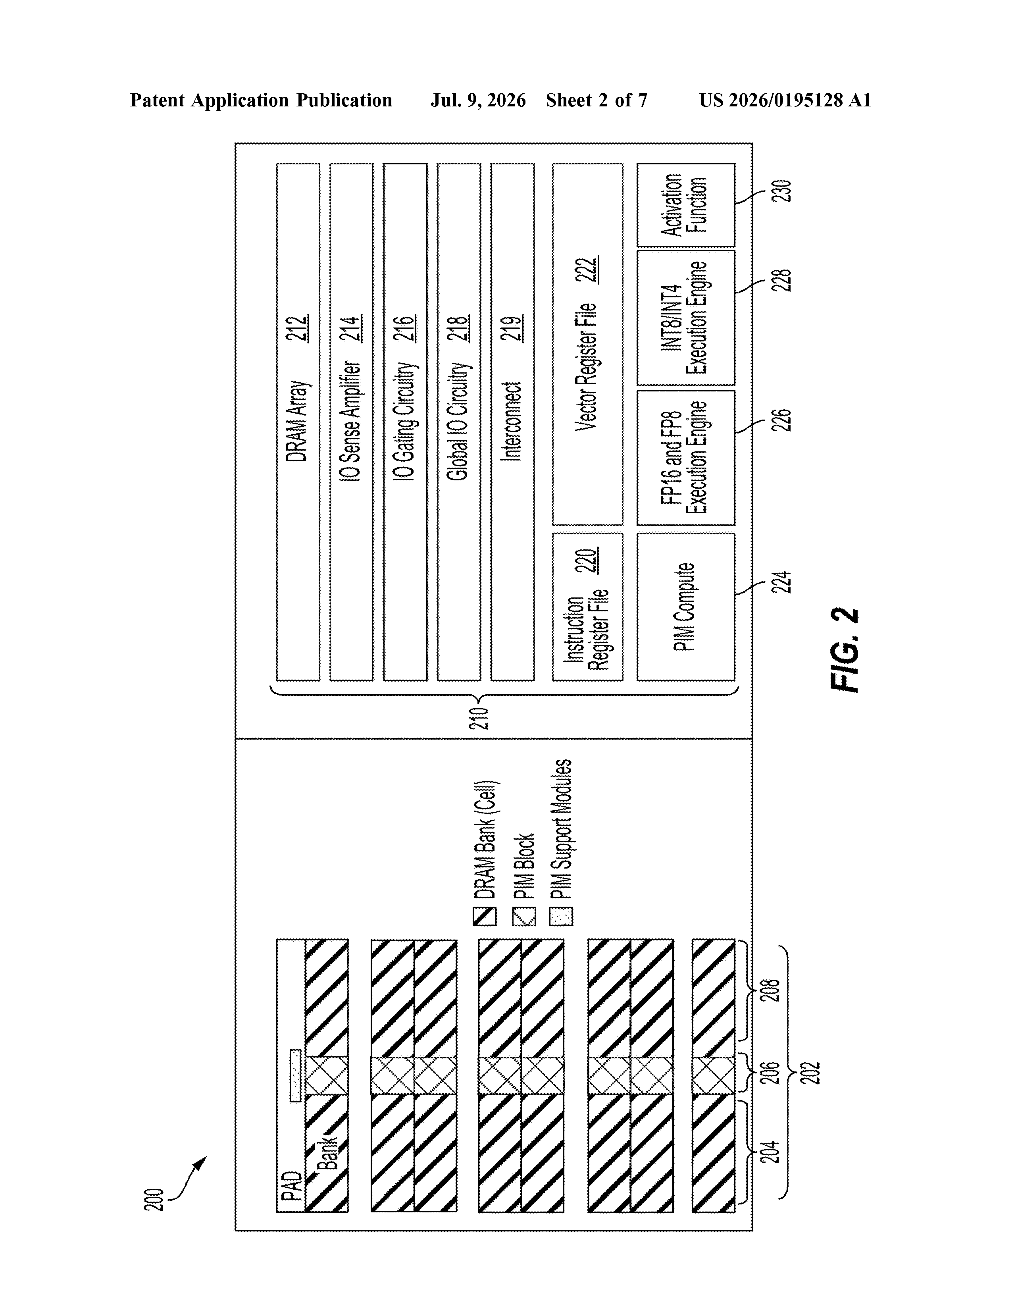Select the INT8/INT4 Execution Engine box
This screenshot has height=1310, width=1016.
point(685,317)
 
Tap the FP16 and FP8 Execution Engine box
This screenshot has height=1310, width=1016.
point(685,458)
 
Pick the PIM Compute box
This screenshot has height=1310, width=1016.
point(685,607)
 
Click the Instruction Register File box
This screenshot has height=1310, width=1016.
point(588,607)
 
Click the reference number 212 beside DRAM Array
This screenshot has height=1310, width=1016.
point(298,329)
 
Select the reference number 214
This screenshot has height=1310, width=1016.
point(352,329)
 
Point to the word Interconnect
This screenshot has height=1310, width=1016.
point(512,421)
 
